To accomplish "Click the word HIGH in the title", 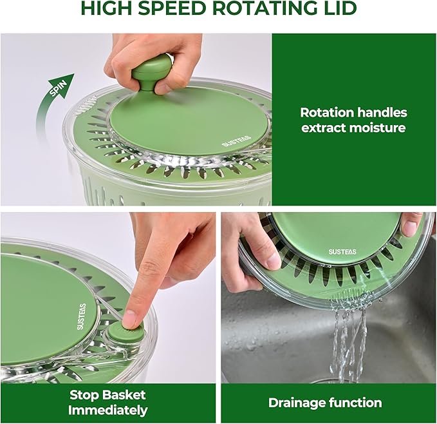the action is point(106,8).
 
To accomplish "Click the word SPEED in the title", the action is point(172,8).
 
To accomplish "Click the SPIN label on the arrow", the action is point(59,88).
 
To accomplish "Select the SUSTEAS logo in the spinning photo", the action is point(236,141).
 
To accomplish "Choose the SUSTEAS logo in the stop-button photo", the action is point(81,316).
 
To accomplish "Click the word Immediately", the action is point(108,410).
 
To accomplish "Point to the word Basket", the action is point(123,395).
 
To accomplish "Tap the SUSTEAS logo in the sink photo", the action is point(342,251).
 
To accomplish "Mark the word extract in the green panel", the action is point(323,128).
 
